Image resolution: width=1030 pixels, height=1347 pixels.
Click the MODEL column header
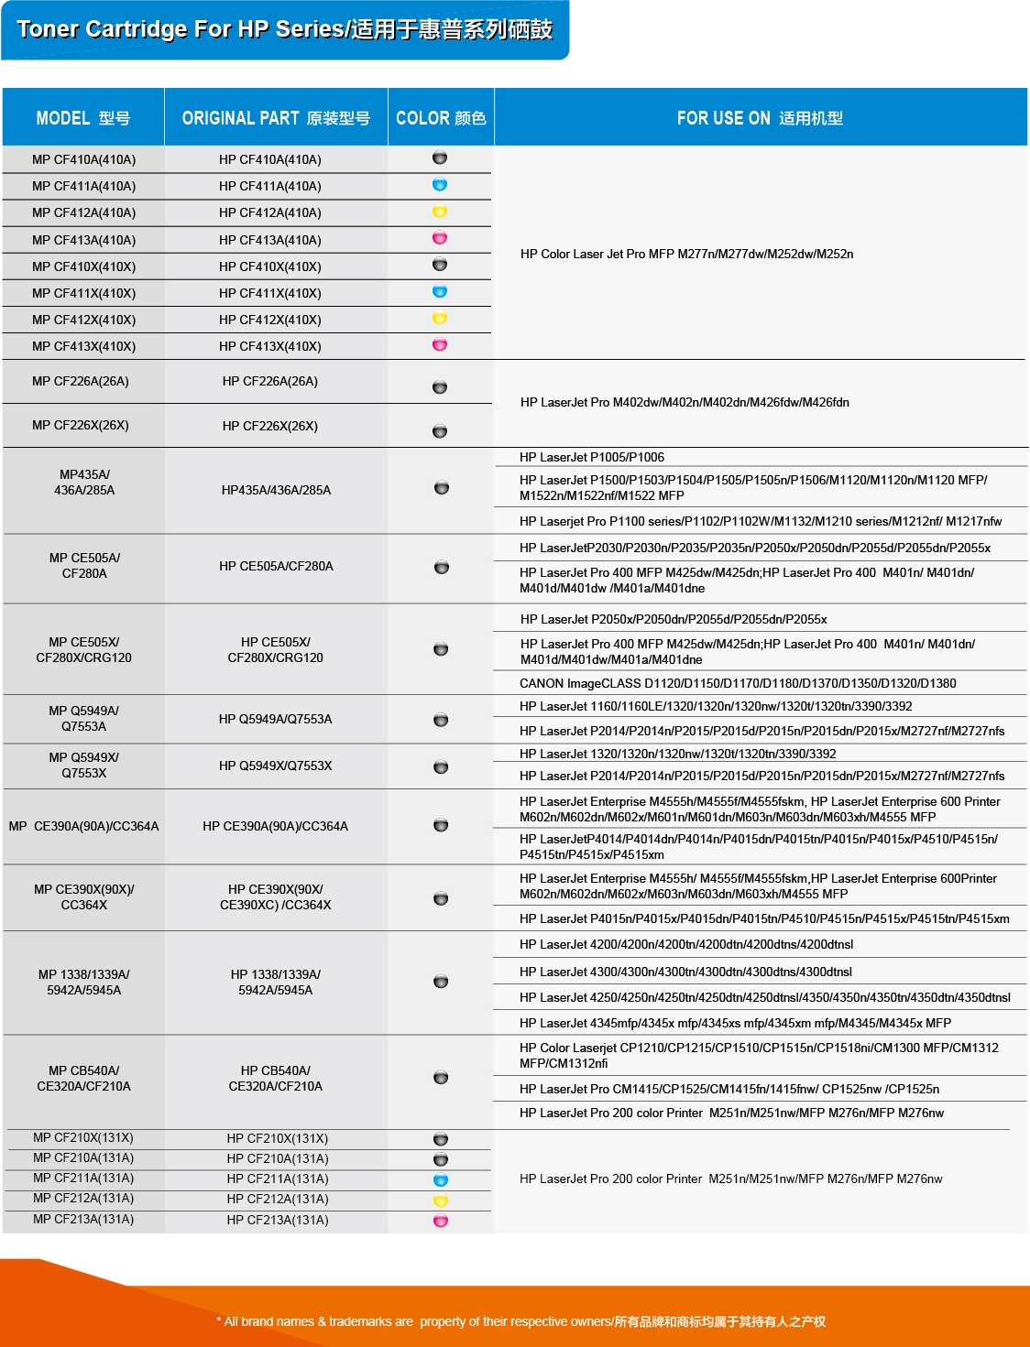pyautogui.click(x=83, y=118)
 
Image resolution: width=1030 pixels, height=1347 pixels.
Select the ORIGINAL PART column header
pyautogui.click(x=276, y=118)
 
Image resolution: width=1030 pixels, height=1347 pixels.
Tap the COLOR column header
pyautogui.click(x=441, y=118)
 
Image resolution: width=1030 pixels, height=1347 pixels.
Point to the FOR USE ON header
pyautogui.click(x=760, y=118)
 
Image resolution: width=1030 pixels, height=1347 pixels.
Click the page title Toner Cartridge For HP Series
pyautogui.click(x=285, y=29)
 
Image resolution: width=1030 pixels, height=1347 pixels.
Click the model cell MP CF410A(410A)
pyautogui.click(x=83, y=159)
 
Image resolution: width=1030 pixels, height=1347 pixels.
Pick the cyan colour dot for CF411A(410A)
pyautogui.click(x=440, y=185)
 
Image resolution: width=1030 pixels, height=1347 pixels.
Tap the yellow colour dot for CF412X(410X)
pyautogui.click(x=440, y=319)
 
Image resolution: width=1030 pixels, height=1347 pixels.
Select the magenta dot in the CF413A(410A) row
pyautogui.click(x=440, y=238)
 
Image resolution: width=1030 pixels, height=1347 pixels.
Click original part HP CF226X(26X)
pyautogui.click(x=270, y=426)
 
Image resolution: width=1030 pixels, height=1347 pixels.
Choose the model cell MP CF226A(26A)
pyautogui.click(x=81, y=381)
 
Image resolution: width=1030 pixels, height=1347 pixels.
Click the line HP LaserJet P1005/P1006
pyautogui.click(x=592, y=457)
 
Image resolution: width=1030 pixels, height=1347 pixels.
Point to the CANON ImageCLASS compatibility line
pyautogui.click(x=738, y=683)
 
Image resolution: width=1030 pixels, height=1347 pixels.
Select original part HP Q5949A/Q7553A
pyautogui.click(x=276, y=719)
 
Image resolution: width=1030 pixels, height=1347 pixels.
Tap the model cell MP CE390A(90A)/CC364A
pyautogui.click(x=83, y=826)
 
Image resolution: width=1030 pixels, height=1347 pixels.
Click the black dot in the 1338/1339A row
pyautogui.click(x=441, y=982)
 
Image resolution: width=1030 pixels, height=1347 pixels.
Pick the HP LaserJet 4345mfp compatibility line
pyautogui.click(x=735, y=1023)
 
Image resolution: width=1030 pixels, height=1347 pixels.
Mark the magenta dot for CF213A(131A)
pyautogui.click(x=441, y=1221)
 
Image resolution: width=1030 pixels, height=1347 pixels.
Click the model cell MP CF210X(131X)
pyautogui.click(x=83, y=1137)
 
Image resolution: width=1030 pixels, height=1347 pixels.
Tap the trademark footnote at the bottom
pyautogui.click(x=520, y=1321)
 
